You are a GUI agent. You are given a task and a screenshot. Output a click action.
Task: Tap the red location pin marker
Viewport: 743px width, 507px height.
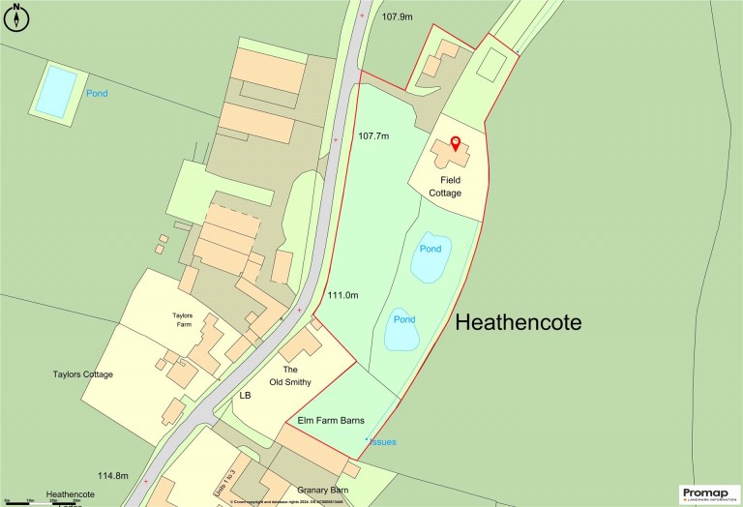pos(456,146)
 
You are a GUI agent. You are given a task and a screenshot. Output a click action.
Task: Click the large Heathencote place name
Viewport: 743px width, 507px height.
pos(519,322)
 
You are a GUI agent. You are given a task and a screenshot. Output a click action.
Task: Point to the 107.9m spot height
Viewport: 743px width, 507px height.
pos(397,17)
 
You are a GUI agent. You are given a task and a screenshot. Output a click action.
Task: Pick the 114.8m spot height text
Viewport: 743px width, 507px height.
pos(112,475)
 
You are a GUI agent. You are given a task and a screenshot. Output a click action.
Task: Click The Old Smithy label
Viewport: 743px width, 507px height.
pos(303,376)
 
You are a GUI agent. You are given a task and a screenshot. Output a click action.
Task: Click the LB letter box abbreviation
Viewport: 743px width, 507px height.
pos(245,396)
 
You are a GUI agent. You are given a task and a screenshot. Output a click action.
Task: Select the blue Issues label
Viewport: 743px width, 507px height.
pos(382,442)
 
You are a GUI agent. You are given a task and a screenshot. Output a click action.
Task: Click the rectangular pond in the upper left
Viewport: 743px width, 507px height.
pos(56,89)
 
